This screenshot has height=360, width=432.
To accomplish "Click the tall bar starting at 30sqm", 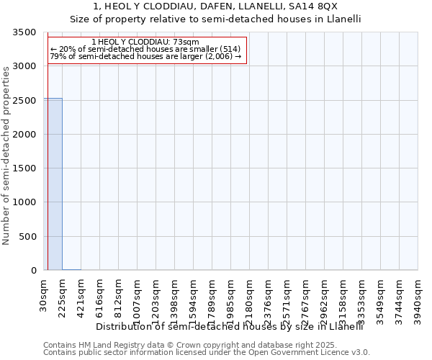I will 53,184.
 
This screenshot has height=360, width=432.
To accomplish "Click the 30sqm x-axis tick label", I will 44,294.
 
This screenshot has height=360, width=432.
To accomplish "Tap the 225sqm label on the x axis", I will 63,297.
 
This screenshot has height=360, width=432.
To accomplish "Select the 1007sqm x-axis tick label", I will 138,299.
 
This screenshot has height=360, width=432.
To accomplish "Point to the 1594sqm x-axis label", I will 194,299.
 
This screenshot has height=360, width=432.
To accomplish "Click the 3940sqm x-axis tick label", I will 418,299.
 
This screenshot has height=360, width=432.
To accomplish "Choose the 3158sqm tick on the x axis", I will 343,299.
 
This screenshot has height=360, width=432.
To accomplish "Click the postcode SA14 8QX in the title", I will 317,6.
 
